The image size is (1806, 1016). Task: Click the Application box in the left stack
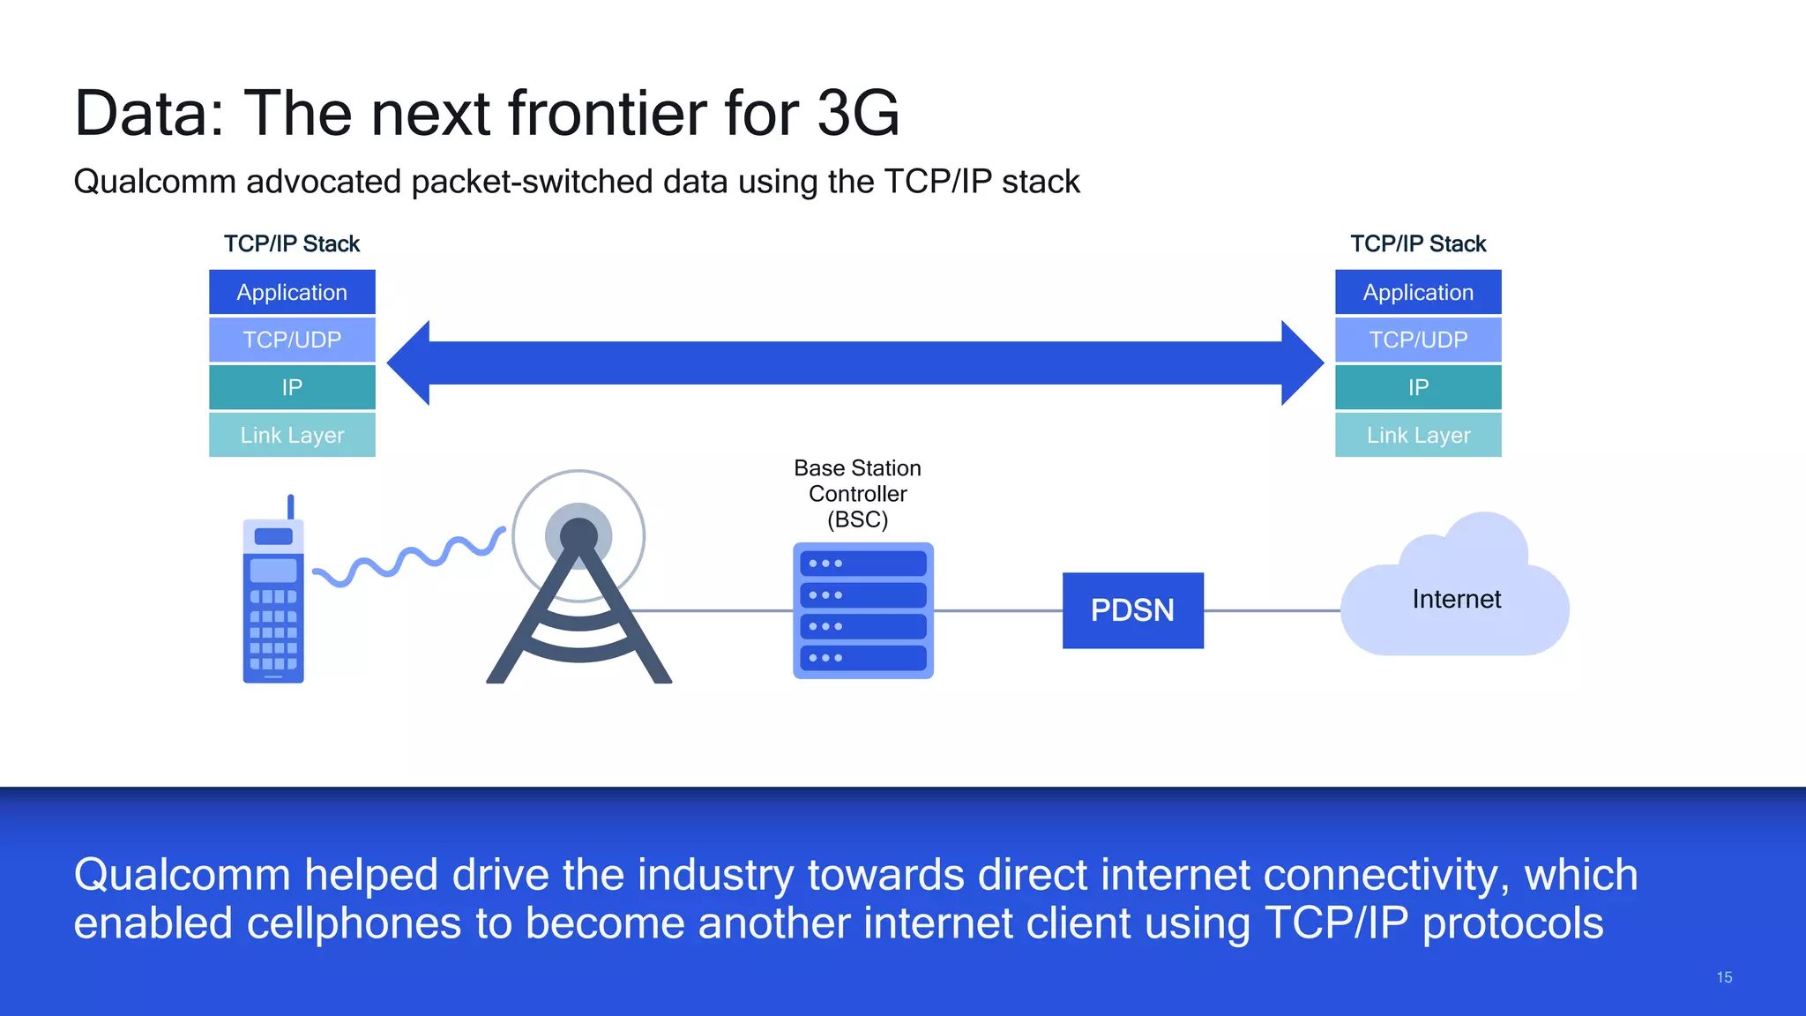coord(292,292)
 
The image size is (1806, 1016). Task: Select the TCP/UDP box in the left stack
coord(292,340)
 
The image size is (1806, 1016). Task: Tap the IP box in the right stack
coord(1418,387)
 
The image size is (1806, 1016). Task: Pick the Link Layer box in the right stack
coord(1418,435)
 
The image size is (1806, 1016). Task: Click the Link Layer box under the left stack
coord(292,435)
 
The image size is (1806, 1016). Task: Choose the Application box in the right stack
coord(1418,292)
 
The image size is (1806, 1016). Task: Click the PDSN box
coord(1132,610)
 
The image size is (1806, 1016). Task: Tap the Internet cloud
coord(1455,600)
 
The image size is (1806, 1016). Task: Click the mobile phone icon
coord(273,609)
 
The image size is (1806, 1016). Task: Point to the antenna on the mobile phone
coord(290,506)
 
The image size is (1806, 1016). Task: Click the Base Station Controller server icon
coord(862,610)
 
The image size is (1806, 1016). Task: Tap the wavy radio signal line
coord(410,558)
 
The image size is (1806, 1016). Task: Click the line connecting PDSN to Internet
coord(1272,610)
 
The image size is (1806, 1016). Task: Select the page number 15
coord(1724,977)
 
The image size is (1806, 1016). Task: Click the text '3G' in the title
coord(857,113)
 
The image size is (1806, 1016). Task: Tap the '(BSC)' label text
coord(857,519)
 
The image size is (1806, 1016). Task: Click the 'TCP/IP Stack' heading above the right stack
coord(1418,243)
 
